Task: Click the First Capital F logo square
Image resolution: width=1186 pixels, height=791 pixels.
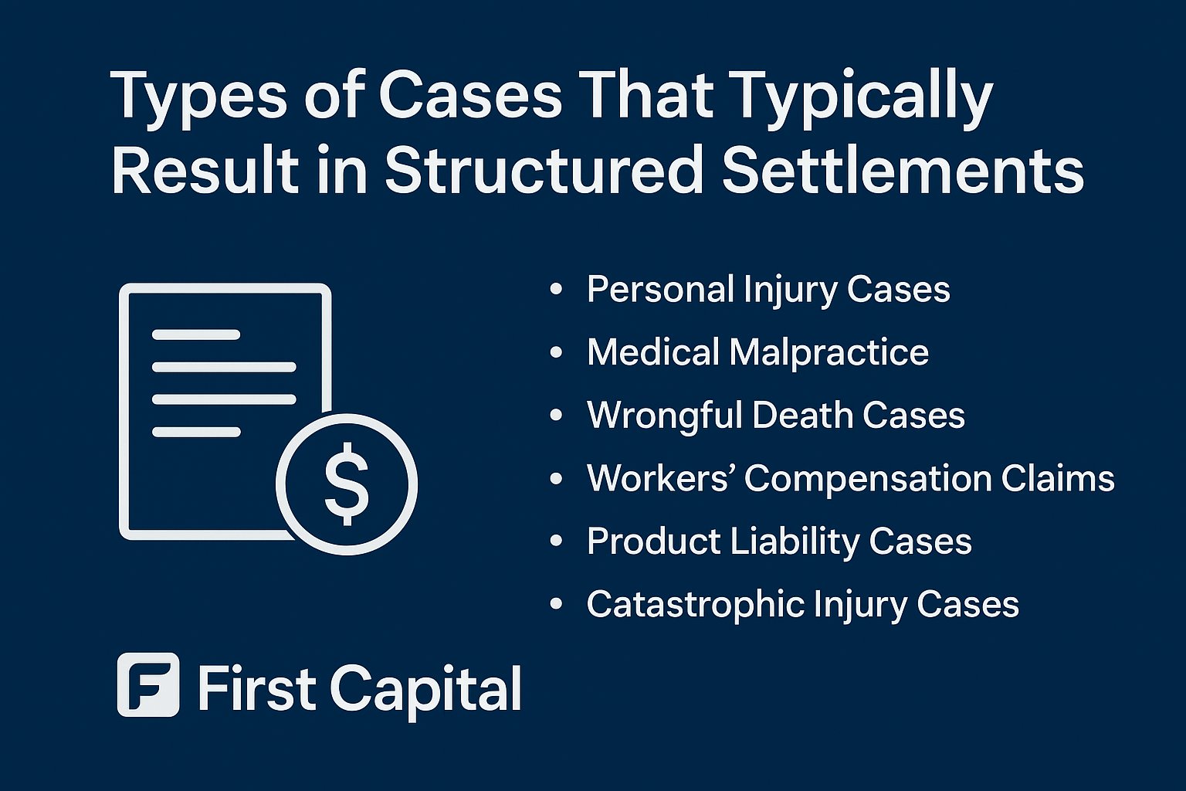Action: [x=148, y=684]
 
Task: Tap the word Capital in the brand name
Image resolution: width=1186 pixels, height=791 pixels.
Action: [x=426, y=688]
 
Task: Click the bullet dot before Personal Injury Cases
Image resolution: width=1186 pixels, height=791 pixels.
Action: [x=556, y=290]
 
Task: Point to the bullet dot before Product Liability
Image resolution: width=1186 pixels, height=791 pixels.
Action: [x=556, y=541]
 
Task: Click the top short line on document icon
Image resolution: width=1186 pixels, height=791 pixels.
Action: [x=196, y=335]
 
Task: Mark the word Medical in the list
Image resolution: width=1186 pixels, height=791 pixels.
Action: [x=652, y=353]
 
